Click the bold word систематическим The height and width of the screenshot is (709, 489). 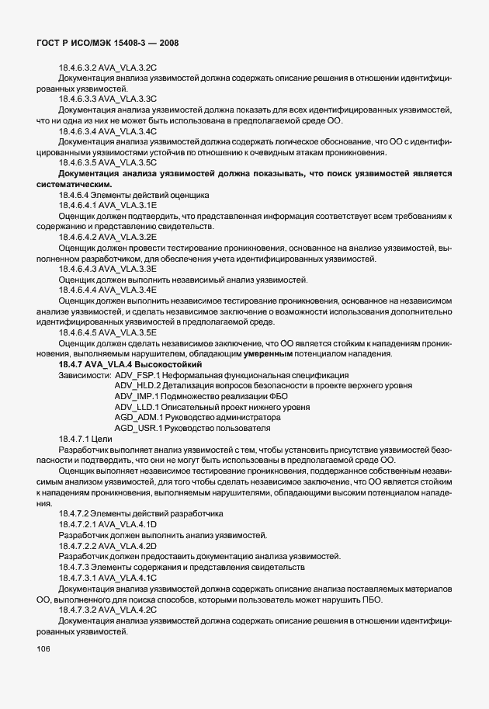(74, 184)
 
